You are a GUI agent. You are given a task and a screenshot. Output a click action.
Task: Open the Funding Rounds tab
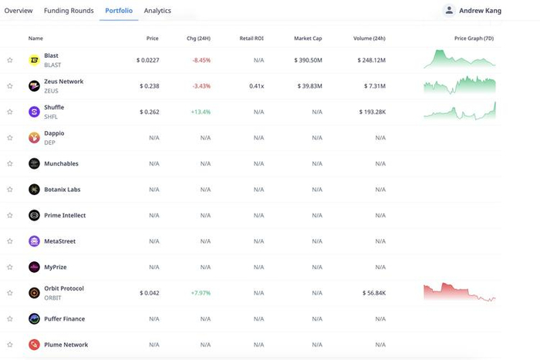(69, 11)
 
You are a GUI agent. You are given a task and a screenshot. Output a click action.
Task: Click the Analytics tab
(157, 11)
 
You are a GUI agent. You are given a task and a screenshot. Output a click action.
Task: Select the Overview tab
(19, 11)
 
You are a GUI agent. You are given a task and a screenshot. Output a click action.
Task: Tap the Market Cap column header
(308, 38)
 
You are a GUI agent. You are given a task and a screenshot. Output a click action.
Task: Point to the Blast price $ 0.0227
(147, 60)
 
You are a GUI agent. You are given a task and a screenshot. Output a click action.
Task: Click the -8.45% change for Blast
(201, 60)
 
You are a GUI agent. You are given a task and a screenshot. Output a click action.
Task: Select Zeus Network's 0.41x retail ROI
(256, 86)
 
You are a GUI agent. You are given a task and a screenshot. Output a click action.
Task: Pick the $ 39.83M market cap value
(308, 86)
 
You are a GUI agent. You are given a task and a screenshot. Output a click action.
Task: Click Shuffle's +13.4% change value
(201, 112)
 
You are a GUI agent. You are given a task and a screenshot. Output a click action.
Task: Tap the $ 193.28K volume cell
(370, 112)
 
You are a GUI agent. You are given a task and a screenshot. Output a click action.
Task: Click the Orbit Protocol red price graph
(459, 291)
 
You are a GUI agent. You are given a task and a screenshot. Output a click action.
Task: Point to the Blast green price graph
(459, 59)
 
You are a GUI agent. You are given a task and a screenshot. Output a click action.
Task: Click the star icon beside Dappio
(10, 138)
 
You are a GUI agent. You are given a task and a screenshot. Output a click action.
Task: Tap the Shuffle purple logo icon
(34, 112)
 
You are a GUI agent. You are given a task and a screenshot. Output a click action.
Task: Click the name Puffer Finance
(64, 319)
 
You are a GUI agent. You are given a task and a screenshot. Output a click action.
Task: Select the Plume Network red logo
(34, 345)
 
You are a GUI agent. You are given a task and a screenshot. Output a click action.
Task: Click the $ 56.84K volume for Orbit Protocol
(373, 293)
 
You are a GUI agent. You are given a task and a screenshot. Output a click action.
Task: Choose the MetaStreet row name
(59, 241)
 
